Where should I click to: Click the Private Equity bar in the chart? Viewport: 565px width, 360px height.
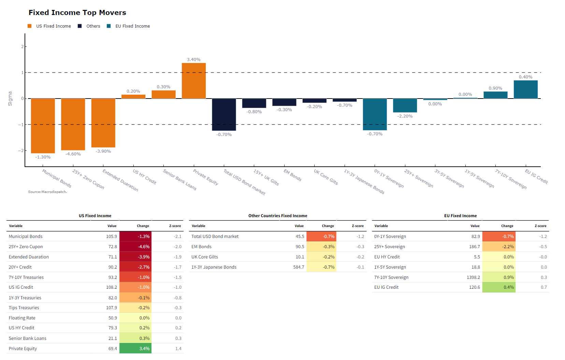(193, 81)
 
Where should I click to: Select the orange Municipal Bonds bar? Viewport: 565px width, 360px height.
(43, 126)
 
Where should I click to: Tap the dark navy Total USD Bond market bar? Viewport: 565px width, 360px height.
(224, 115)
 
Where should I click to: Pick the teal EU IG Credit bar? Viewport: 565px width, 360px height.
(525, 89)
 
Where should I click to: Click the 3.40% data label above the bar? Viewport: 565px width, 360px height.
(193, 60)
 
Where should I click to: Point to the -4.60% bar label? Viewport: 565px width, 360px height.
(73, 154)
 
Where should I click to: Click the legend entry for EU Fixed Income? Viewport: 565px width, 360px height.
(132, 26)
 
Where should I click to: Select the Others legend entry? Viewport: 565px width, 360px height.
(93, 26)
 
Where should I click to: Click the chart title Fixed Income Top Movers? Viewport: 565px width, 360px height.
(77, 13)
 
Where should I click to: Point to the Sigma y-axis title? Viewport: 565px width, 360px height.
(10, 99)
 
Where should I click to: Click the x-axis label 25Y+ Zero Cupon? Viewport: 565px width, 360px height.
(88, 179)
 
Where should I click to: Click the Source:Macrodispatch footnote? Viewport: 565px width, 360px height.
(47, 192)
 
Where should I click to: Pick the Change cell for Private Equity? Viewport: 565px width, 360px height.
(135, 348)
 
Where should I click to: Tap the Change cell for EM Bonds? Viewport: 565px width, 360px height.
(321, 246)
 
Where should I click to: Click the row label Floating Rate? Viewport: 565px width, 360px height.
(22, 318)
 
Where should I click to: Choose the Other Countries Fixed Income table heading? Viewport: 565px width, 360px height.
(278, 216)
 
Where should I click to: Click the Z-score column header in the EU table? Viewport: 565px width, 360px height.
(540, 226)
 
